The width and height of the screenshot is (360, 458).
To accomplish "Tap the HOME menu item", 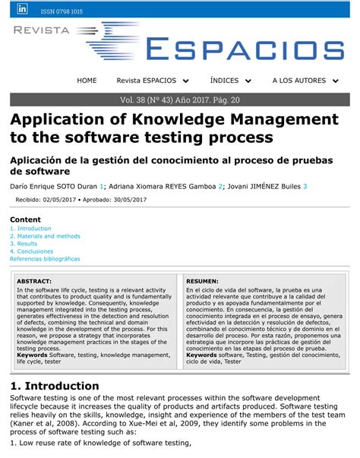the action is coord(87,81).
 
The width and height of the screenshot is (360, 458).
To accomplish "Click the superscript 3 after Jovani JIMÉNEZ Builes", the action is coord(305,186).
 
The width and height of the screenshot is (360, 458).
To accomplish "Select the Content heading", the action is coord(25,219).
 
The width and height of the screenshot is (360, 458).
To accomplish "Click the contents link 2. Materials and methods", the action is coord(45,236).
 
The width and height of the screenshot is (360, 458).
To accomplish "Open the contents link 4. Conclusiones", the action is coord(31,251).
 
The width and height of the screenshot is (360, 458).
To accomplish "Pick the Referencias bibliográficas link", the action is coord(45,259).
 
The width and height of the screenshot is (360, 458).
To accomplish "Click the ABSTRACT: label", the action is coord(34,281).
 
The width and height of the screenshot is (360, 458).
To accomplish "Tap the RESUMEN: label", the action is coord(202,281).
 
